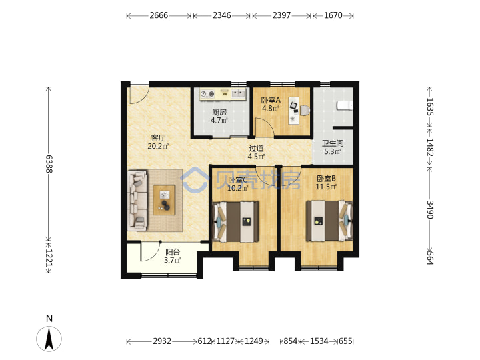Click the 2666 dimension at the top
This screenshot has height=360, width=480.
pos(159,15)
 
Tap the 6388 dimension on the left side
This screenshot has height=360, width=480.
pos(49,164)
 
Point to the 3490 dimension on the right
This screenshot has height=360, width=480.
pos(430,210)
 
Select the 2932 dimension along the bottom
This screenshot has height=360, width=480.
pos(162,341)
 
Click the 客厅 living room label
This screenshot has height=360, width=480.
pos(158,138)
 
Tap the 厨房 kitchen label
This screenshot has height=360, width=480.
pos(219,113)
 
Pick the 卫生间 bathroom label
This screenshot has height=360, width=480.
pos(333,143)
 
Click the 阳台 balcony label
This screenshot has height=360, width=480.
pos(173,252)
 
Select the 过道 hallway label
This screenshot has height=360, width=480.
pos(256,149)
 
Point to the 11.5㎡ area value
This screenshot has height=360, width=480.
pos(326,187)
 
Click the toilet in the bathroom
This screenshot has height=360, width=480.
pos(345,105)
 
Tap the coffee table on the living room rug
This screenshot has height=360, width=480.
pos(164,200)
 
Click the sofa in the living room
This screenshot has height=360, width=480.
pos(137,200)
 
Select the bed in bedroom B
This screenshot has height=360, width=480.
pos(329,221)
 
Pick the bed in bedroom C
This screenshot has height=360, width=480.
pos(236,221)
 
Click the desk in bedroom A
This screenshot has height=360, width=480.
pos(294,110)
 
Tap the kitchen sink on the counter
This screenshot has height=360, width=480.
pos(239,93)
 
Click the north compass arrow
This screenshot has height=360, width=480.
pos(49,339)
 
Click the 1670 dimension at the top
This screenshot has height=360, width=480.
pos(333,15)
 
